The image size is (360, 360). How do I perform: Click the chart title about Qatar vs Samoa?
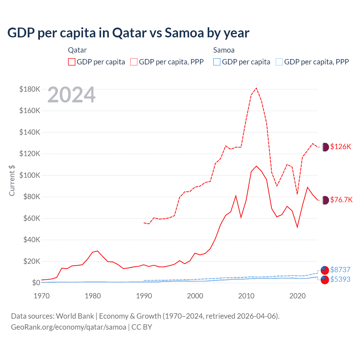pyautogui.click(x=128, y=33)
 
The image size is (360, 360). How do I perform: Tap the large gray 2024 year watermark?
pyautogui.click(x=71, y=95)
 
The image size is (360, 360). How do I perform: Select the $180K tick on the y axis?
pyautogui.click(x=30, y=89)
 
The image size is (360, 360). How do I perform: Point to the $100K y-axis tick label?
pyautogui.click(x=30, y=175)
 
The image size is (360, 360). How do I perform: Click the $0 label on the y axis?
pyautogui.click(x=36, y=283)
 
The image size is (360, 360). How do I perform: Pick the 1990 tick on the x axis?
pyautogui.click(x=144, y=296)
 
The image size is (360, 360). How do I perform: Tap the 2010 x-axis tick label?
pyautogui.click(x=246, y=296)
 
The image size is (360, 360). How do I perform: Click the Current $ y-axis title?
pyautogui.click(x=12, y=180)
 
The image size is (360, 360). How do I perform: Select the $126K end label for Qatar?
pyautogui.click(x=341, y=147)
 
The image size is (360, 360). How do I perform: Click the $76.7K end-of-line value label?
pyautogui.click(x=341, y=200)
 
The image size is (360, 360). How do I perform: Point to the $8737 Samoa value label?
pyautogui.click(x=340, y=270)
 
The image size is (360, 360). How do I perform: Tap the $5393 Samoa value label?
pyautogui.click(x=340, y=279)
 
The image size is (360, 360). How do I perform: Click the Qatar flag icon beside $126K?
pyautogui.click(x=325, y=147)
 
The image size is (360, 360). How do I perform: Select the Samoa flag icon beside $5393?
pyautogui.click(x=325, y=280)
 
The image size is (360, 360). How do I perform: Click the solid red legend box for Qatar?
pyautogui.click(x=72, y=62)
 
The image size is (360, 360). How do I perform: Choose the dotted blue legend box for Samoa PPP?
pyautogui.click(x=279, y=62)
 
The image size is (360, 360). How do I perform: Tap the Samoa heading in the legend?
pyautogui.click(x=224, y=50)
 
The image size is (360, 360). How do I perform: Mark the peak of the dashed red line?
pyautogui.click(x=256, y=88)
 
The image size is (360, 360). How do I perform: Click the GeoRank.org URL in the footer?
pyautogui.click(x=69, y=327)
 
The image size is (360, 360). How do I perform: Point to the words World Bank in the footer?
pyautogui.click(x=75, y=316)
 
